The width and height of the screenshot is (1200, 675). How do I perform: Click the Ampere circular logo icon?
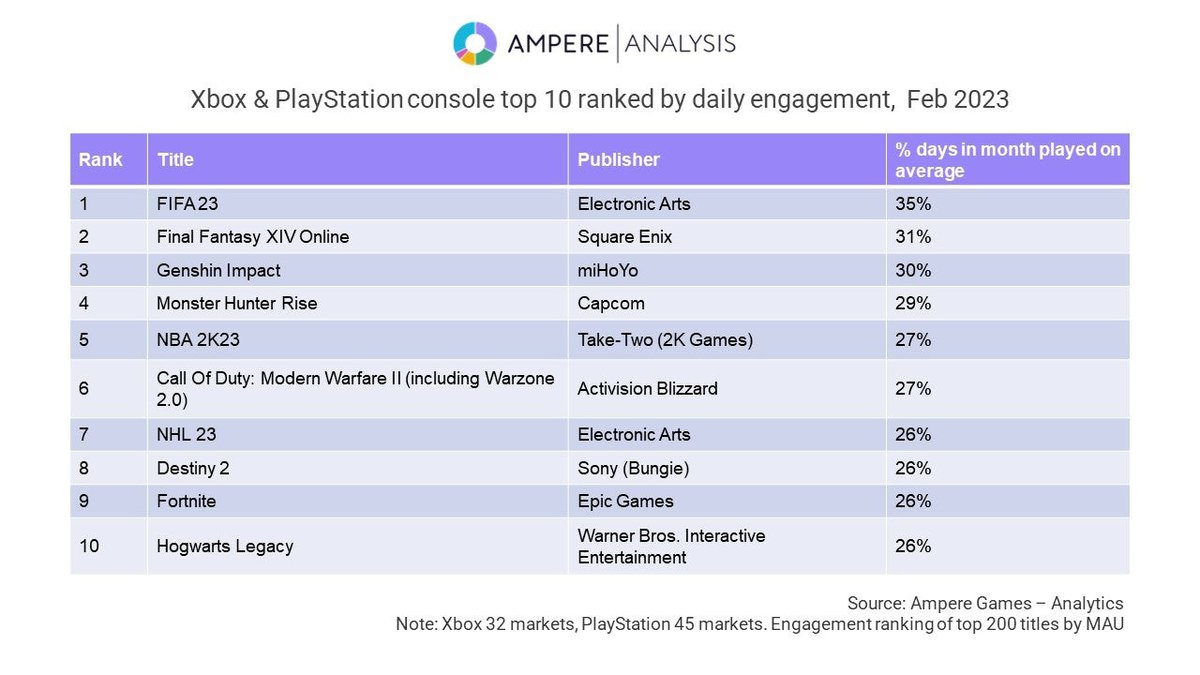pyautogui.click(x=475, y=44)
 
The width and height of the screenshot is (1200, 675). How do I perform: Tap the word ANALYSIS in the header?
pyautogui.click(x=681, y=44)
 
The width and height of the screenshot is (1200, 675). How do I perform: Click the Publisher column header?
pyautogui.click(x=619, y=159)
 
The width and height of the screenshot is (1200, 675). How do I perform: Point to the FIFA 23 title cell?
pyautogui.click(x=189, y=204)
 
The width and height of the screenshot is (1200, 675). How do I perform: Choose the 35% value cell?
pyautogui.click(x=914, y=204)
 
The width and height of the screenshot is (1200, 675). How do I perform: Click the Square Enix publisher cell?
pyautogui.click(x=625, y=237)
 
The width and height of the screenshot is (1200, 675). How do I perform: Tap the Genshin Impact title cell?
pyautogui.click(x=219, y=270)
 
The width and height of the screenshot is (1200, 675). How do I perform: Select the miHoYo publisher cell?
pyautogui.click(x=609, y=270)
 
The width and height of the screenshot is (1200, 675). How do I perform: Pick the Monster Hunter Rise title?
pyautogui.click(x=237, y=303)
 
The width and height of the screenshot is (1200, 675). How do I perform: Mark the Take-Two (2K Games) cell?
pyautogui.click(x=665, y=340)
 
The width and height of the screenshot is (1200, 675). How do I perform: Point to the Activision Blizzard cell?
pyautogui.click(x=647, y=388)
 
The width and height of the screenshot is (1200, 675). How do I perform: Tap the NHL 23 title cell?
pyautogui.click(x=186, y=435)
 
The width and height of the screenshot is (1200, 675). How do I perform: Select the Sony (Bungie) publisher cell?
pyautogui.click(x=633, y=468)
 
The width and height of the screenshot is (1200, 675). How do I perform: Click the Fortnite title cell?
pyautogui.click(x=186, y=501)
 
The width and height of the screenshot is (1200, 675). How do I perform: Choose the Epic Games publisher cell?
pyautogui.click(x=626, y=501)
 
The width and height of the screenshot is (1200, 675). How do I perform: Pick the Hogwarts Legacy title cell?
pyautogui.click(x=225, y=546)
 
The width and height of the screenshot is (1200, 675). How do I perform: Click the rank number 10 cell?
pyautogui.click(x=88, y=546)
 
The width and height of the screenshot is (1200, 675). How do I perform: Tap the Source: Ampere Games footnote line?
pyautogui.click(x=985, y=603)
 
